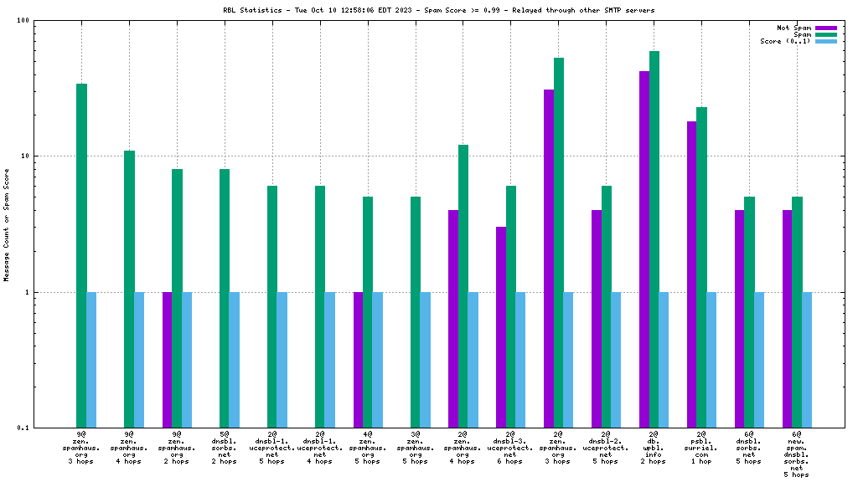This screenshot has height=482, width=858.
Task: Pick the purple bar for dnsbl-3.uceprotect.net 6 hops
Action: [501, 327]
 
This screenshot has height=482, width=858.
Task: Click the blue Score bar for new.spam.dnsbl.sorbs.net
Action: [808, 360]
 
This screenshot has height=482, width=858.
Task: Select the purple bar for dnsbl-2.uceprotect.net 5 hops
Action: [597, 319]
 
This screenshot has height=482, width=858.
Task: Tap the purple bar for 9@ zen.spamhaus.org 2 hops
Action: [167, 360]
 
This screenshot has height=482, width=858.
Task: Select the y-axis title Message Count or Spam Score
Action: [8, 224]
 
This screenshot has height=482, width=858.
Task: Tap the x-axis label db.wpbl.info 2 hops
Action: [654, 448]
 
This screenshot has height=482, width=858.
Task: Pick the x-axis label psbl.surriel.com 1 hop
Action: [701, 448]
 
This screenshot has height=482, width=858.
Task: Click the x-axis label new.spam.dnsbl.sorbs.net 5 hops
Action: [797, 454]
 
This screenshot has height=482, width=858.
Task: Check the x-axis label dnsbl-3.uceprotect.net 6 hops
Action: [510, 448]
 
